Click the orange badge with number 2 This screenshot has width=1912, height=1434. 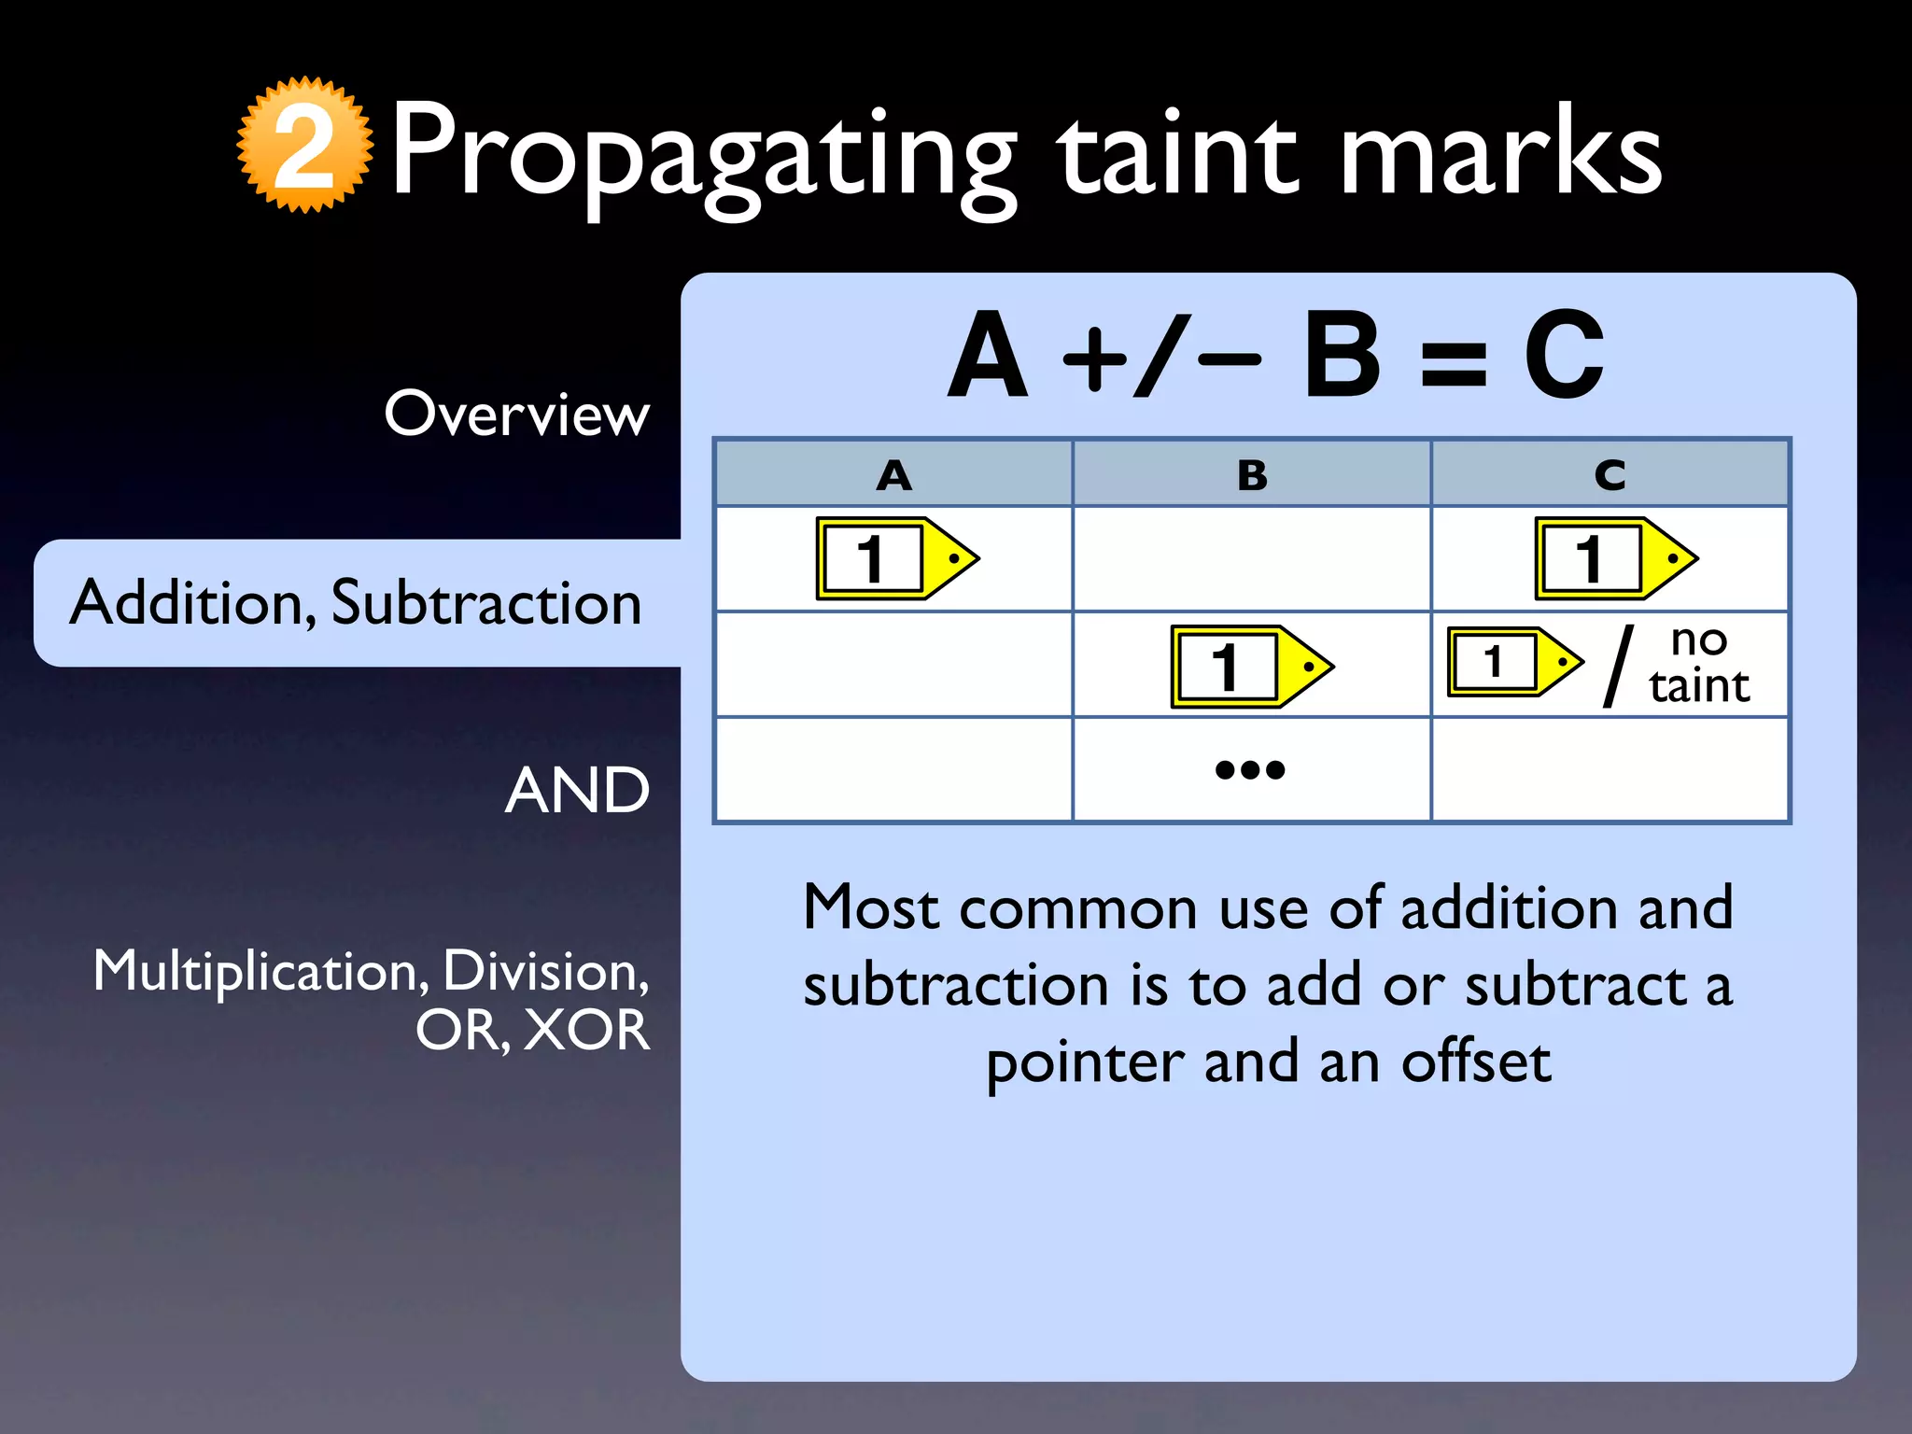(304, 146)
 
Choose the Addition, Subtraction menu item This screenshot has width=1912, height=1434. (356, 602)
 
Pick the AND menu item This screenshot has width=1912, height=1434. (577, 791)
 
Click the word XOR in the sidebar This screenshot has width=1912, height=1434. (585, 1030)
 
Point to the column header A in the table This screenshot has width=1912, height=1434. (893, 476)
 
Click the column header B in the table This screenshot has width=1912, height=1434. (1252, 476)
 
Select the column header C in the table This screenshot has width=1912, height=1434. (1610, 476)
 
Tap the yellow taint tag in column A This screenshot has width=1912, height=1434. (897, 558)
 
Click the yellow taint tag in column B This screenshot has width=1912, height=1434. (1252, 667)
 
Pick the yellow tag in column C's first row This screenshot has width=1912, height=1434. (1616, 558)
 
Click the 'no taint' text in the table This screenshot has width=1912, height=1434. (1698, 663)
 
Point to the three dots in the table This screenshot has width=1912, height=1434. (1250, 770)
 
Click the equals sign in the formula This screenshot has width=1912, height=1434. (1453, 363)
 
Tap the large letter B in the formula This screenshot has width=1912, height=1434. (1342, 356)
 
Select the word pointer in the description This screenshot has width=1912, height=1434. (1083, 1062)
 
